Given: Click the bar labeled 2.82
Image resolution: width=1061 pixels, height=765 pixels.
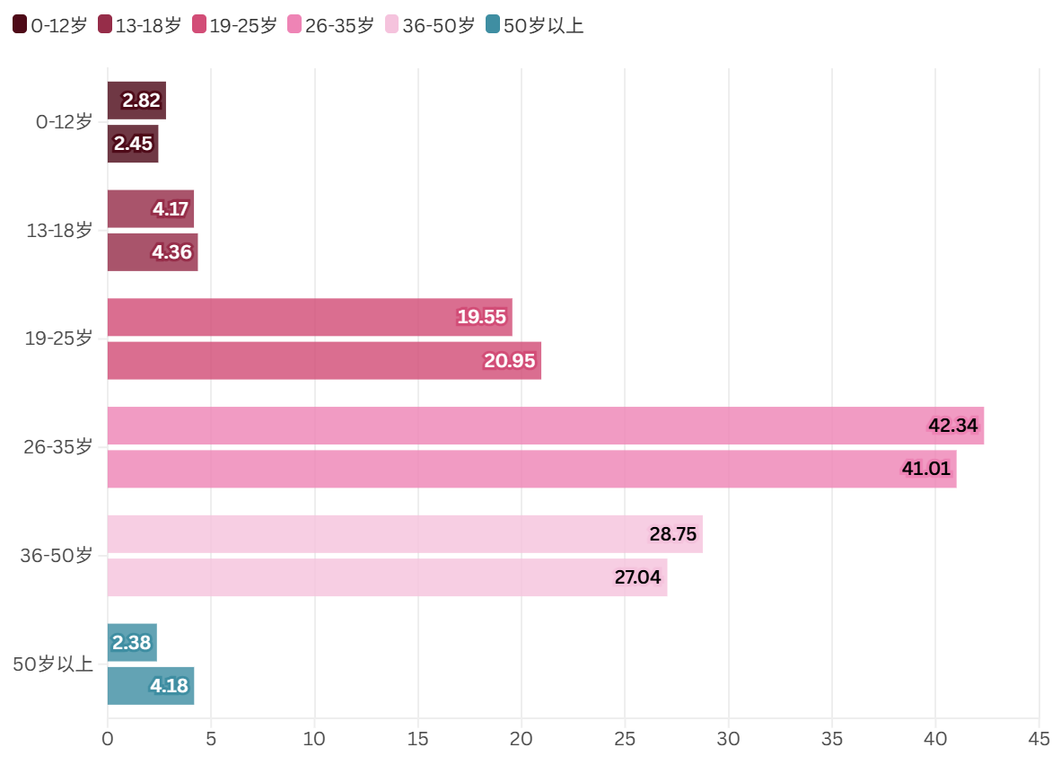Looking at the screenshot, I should pyautogui.click(x=136, y=101).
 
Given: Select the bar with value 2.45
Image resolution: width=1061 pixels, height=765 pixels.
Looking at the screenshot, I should pyautogui.click(x=133, y=144).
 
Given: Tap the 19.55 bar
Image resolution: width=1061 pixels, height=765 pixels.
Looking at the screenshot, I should pyautogui.click(x=310, y=317).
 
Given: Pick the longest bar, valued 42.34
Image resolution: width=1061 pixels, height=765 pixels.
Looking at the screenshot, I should pyautogui.click(x=545, y=426).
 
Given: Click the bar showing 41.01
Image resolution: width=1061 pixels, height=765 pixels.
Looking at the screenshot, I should pyautogui.click(x=531, y=469).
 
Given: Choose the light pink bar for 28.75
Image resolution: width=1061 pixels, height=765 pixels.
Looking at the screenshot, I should pyautogui.click(x=405, y=534).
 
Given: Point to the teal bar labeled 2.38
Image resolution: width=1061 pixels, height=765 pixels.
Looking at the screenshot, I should pyautogui.click(x=132, y=643).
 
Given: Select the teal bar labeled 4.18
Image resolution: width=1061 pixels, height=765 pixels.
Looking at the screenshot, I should pyautogui.click(x=151, y=686).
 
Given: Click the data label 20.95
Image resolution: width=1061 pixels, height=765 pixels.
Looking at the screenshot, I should pyautogui.click(x=509, y=361).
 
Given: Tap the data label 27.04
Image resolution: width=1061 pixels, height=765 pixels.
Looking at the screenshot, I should pyautogui.click(x=637, y=577).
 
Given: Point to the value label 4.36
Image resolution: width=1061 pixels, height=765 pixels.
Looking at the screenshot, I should pyautogui.click(x=171, y=252).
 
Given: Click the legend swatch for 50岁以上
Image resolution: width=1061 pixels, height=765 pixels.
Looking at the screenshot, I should pyautogui.click(x=492, y=25).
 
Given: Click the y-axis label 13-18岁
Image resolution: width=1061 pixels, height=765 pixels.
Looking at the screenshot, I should pyautogui.click(x=59, y=231).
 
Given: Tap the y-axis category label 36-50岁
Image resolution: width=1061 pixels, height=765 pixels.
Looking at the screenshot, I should pyautogui.click(x=57, y=556).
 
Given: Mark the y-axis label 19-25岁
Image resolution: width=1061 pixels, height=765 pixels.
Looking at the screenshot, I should pyautogui.click(x=58, y=339).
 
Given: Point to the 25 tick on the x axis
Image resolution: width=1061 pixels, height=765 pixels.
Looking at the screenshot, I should pyautogui.click(x=625, y=739).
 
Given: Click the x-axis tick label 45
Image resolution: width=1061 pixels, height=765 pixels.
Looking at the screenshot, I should pyautogui.click(x=1039, y=739).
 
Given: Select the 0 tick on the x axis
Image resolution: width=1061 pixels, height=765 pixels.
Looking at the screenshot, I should pyautogui.click(x=108, y=739).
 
